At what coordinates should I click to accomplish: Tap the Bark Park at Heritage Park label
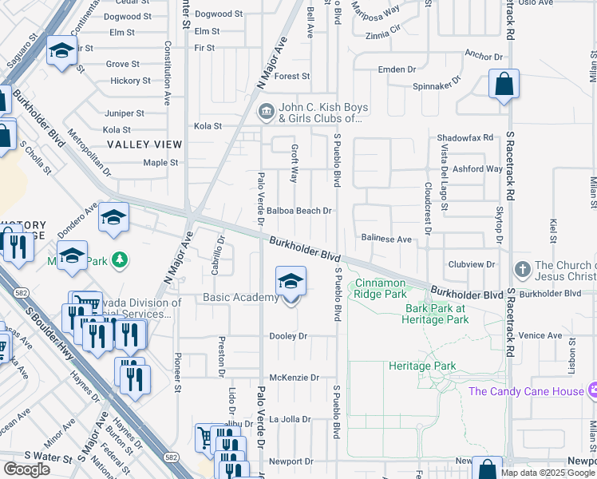[437, 313]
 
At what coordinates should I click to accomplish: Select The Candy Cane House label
[526, 391]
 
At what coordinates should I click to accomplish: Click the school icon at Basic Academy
[291, 281]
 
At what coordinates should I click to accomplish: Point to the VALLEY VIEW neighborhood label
[144, 144]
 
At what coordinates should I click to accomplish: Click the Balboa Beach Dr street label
[298, 211]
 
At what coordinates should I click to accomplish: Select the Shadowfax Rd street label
[465, 137]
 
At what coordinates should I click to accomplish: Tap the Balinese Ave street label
[385, 239]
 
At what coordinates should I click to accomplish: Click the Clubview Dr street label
[472, 264]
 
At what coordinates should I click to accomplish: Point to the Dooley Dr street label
[288, 336]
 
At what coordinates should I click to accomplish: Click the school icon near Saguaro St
[61, 52]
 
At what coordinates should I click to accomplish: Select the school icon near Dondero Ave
[113, 217]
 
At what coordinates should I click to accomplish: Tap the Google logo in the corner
[26, 469]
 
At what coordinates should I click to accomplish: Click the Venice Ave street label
[540, 335]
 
